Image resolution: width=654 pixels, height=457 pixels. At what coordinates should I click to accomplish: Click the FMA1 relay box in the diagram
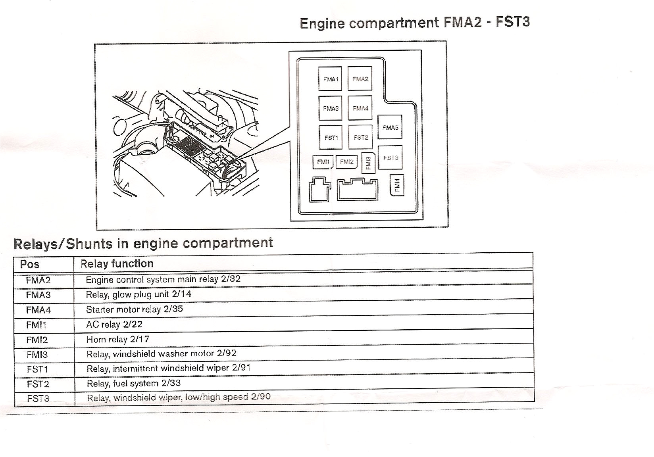pos(330,79)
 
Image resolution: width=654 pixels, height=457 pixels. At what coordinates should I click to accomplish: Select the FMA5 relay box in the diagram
pos(390,127)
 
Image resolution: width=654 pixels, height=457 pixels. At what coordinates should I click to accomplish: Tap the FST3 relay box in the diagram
pos(390,158)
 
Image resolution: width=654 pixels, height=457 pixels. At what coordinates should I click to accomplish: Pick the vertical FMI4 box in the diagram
pos(397,185)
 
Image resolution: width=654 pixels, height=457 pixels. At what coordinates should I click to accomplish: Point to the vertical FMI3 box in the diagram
pos(368,163)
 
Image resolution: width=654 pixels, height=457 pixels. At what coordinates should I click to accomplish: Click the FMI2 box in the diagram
pos(346,162)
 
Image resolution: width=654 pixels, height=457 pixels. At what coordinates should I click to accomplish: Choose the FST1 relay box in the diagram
pos(331,137)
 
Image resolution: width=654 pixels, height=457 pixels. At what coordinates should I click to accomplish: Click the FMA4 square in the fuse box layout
pos(360,108)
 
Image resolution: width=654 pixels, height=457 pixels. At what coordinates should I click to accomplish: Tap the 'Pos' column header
pos(30,264)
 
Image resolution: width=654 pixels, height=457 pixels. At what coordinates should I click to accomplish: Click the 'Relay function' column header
pos(117,264)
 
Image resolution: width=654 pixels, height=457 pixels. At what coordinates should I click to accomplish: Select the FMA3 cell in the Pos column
pos(38,295)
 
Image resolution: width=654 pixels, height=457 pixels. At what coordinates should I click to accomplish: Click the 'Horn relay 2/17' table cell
pos(117,339)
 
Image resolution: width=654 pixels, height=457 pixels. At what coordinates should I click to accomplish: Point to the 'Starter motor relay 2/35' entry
pos(134,309)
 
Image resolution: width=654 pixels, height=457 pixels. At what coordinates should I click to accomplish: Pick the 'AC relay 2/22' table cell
pos(114,325)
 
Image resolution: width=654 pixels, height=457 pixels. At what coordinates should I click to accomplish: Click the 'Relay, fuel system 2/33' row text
pos(133,383)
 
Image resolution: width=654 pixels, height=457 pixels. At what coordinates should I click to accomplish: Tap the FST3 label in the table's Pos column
pos(38,398)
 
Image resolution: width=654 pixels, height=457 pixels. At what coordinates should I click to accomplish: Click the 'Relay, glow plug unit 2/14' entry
pos(138,294)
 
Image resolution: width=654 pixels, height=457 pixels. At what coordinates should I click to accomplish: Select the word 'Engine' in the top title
pos(322,23)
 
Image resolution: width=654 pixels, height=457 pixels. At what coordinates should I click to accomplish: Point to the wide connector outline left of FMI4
pos(357,190)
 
